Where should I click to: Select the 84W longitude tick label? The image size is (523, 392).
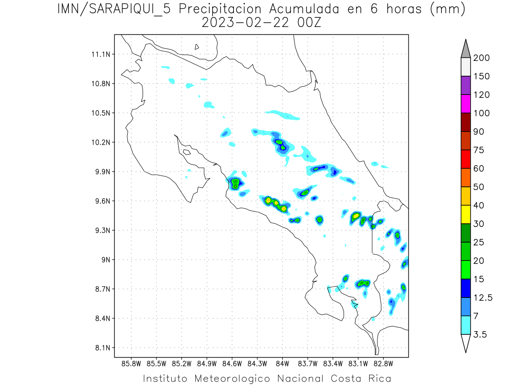point(282,363)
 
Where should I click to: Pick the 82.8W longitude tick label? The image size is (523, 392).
point(383,363)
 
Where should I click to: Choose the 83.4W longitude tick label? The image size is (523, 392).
point(333,363)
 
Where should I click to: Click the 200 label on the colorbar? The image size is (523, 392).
point(482,58)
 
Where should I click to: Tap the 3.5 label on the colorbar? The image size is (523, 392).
point(481,335)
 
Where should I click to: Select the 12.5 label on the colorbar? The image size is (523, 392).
point(482,298)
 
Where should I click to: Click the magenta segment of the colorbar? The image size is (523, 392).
point(465,104)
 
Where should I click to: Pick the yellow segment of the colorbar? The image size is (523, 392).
point(465,214)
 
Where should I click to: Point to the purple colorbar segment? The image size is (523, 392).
point(465,85)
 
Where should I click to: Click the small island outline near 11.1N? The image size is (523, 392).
point(197,47)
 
